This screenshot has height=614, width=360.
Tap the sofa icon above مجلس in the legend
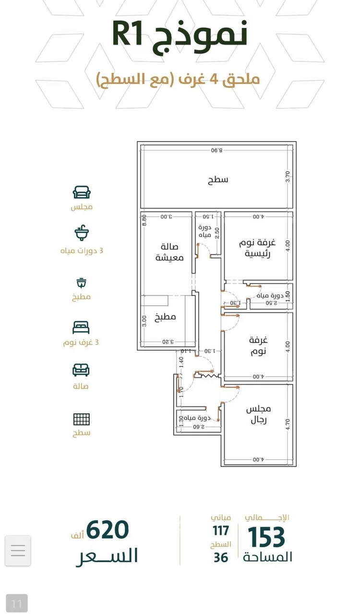pos(82,192)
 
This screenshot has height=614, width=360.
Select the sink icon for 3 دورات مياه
pos(82,234)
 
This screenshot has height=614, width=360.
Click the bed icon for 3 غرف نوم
pos(81,328)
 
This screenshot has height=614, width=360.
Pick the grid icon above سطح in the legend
pos(81,419)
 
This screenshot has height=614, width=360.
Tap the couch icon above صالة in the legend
pos(81,370)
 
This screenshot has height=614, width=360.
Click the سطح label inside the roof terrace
pos(218,180)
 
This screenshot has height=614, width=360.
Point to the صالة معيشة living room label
pos(166,252)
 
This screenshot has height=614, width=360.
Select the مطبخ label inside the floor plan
pos(165,317)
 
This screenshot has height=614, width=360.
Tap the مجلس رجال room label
pos(258,414)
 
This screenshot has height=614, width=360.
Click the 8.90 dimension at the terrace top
pos(216,150)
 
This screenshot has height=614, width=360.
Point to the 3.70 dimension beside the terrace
pos(288,177)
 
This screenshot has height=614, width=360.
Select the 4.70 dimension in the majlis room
pos(288,424)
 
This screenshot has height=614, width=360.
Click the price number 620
pos(108,531)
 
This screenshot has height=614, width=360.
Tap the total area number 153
pos(266,537)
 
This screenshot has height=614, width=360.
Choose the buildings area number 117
pos(221,531)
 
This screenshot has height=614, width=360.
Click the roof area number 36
pos(221,557)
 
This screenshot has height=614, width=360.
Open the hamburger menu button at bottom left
pos(18,550)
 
